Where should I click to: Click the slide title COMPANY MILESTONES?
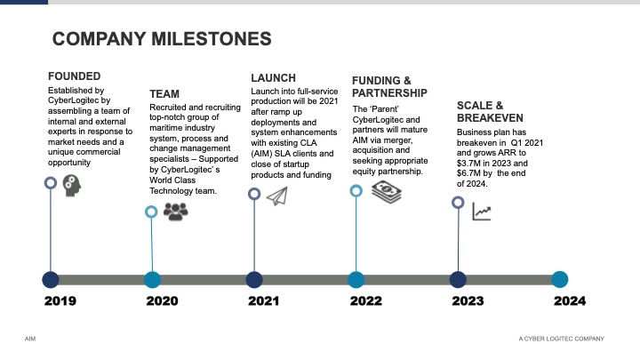(x=162, y=39)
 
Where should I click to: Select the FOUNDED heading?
(x=75, y=76)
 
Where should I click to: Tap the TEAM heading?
(x=164, y=94)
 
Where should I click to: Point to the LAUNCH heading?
(x=274, y=78)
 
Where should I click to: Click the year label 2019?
(x=60, y=301)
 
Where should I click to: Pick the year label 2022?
(x=366, y=301)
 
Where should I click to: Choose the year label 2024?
(x=570, y=301)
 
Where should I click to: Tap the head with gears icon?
(x=72, y=186)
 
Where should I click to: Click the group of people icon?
(x=175, y=212)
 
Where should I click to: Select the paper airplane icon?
(x=277, y=196)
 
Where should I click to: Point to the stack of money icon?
(x=387, y=192)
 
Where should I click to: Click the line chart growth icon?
(x=482, y=212)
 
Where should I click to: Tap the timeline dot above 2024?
(x=560, y=280)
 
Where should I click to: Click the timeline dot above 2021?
(x=254, y=280)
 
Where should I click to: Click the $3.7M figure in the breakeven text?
(x=470, y=164)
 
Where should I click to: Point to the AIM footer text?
(x=30, y=339)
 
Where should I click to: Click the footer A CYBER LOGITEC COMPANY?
(x=561, y=339)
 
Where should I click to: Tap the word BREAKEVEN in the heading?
(x=490, y=118)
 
